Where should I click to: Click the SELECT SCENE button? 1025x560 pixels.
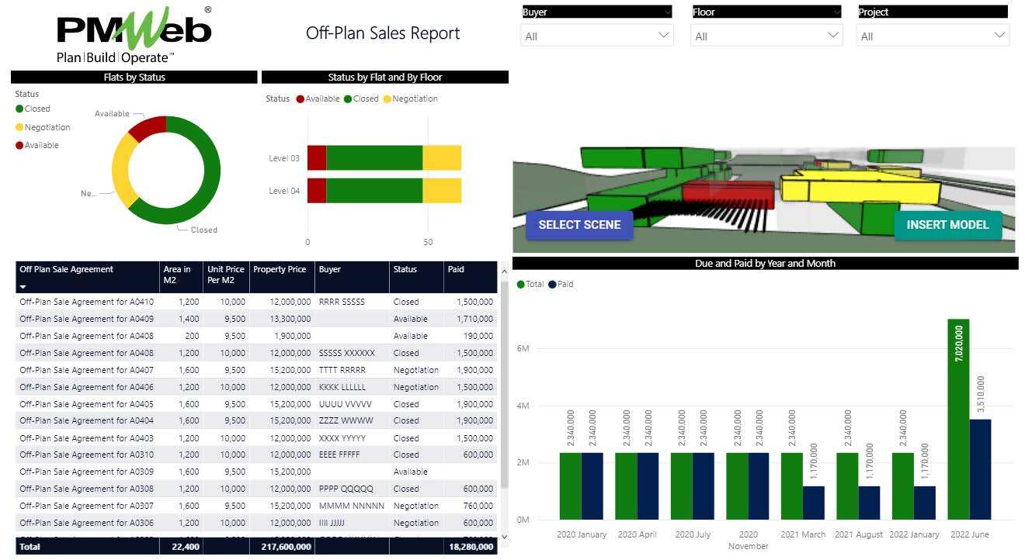click(579, 225)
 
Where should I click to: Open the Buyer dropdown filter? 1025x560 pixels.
click(596, 36)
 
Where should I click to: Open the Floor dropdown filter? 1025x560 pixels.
click(766, 36)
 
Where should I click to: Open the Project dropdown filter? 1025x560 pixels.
click(933, 36)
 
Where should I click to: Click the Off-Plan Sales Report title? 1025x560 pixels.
click(383, 33)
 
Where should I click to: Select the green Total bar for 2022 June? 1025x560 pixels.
click(958, 419)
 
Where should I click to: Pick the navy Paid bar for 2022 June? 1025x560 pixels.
click(980, 469)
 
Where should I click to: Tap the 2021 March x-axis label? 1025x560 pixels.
click(802, 534)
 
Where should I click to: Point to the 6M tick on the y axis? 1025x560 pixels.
click(523, 348)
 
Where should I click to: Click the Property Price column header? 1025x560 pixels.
click(280, 270)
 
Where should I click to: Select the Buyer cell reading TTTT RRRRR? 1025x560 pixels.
click(342, 370)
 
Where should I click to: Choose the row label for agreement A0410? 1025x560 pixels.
click(86, 302)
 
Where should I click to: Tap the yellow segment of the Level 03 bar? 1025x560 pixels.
click(442, 157)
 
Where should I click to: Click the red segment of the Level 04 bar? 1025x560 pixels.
click(317, 191)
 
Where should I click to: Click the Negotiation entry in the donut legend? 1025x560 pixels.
click(47, 127)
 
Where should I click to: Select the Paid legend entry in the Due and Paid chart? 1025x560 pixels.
click(565, 285)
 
